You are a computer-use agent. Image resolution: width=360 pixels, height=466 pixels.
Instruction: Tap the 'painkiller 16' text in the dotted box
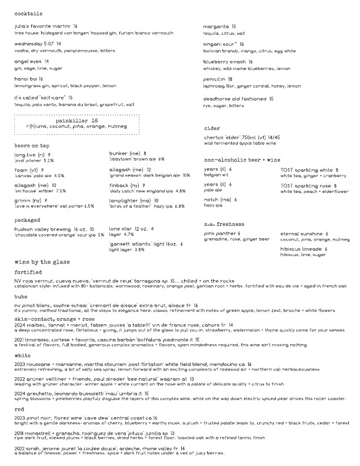(x=79, y=119)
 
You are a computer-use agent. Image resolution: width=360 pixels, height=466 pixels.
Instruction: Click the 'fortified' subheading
(x=29, y=272)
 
